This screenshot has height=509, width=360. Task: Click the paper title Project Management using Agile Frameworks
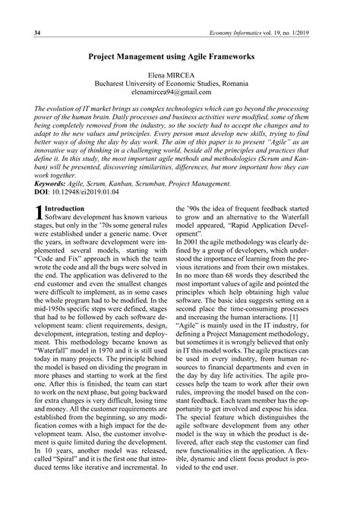(x=180, y=56)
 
